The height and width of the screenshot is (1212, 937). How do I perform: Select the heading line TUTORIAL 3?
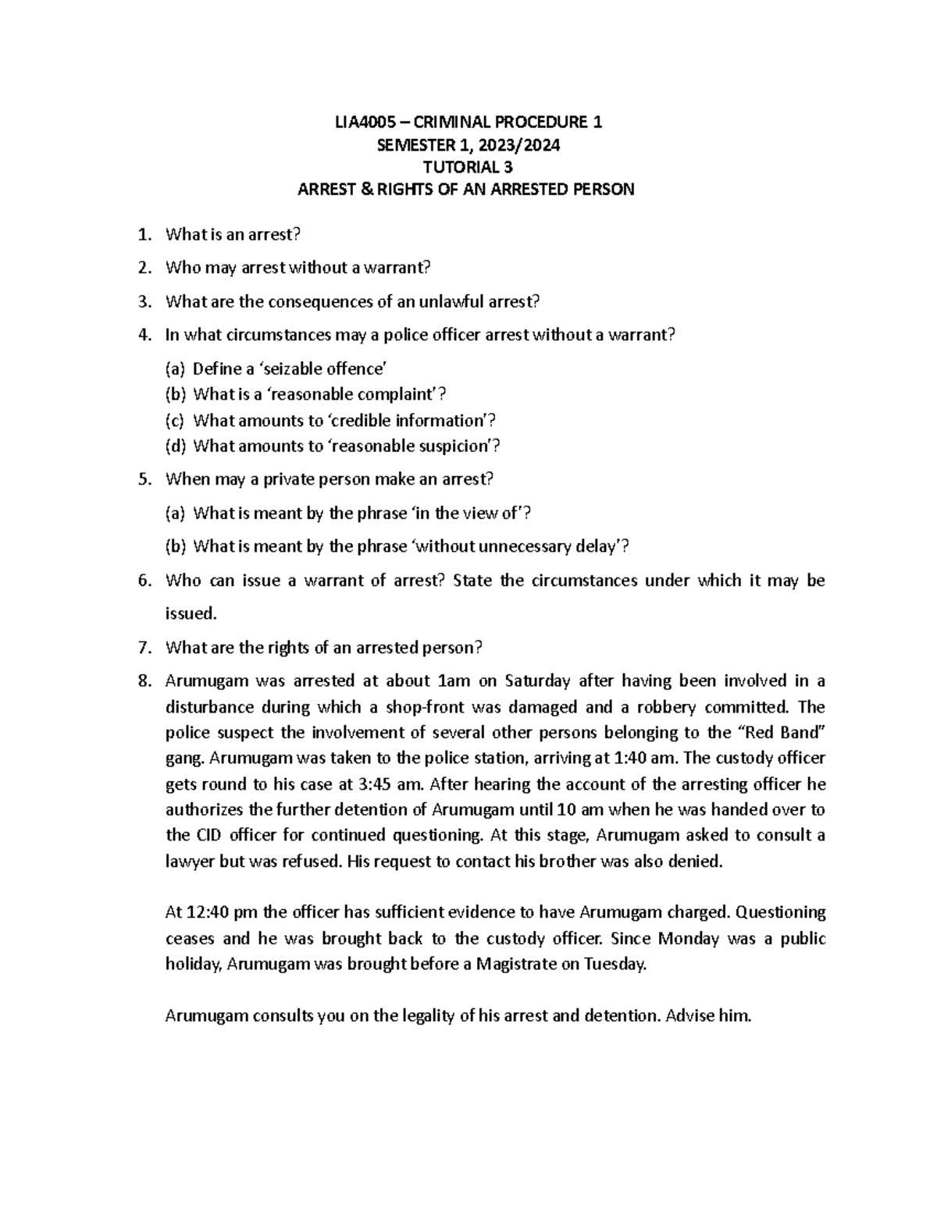tap(468, 166)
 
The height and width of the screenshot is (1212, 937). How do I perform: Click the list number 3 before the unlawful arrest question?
tap(143, 301)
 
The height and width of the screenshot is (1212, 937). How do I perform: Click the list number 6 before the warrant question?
tap(143, 581)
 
